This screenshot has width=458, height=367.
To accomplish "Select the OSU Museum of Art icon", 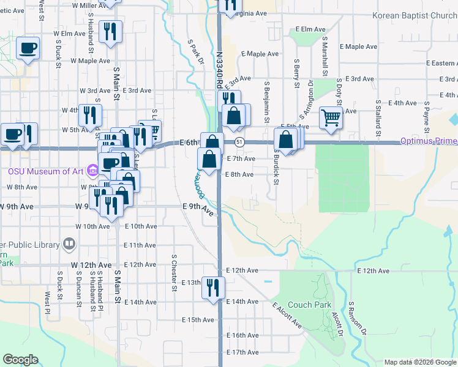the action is [x=92, y=171].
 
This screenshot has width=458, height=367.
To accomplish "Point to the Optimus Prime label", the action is [x=429, y=141].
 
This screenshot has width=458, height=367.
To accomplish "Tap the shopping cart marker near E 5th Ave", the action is [x=331, y=116].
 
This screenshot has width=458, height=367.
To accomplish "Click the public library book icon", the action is [x=69, y=245].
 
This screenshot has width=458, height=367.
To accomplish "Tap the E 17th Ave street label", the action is [x=242, y=352].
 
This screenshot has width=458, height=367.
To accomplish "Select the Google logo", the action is [x=21, y=360].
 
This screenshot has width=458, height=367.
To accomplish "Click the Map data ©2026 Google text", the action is [x=419, y=362].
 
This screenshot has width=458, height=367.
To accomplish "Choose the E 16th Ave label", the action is [x=242, y=335].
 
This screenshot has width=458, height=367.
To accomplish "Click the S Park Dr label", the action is [x=195, y=53].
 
